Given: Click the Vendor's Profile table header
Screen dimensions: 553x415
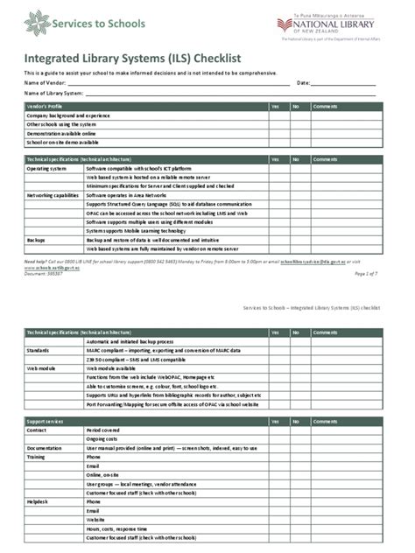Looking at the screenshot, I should click(x=45, y=107).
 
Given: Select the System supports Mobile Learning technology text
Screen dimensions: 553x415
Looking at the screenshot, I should click(x=142, y=230).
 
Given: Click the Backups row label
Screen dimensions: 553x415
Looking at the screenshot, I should click(x=36, y=239).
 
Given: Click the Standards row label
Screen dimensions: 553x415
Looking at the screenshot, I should click(x=38, y=348).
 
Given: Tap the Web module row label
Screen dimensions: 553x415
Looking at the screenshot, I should click(x=40, y=368).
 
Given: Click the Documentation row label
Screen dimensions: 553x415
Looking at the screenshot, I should click(x=44, y=448).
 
